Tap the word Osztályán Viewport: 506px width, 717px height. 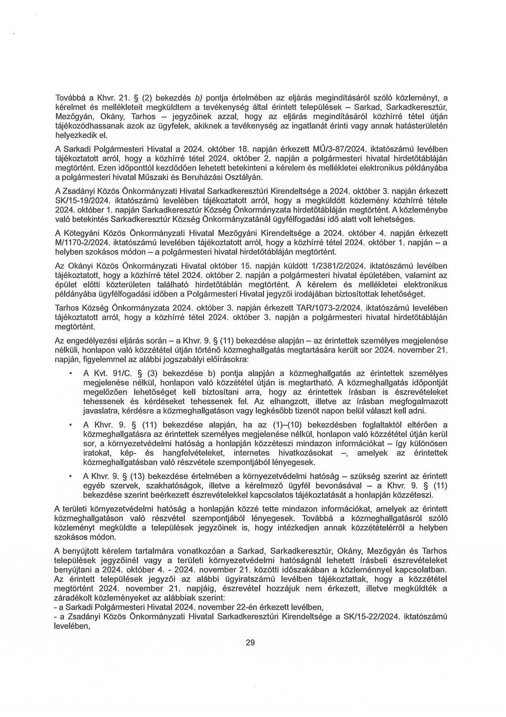point(243,177)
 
